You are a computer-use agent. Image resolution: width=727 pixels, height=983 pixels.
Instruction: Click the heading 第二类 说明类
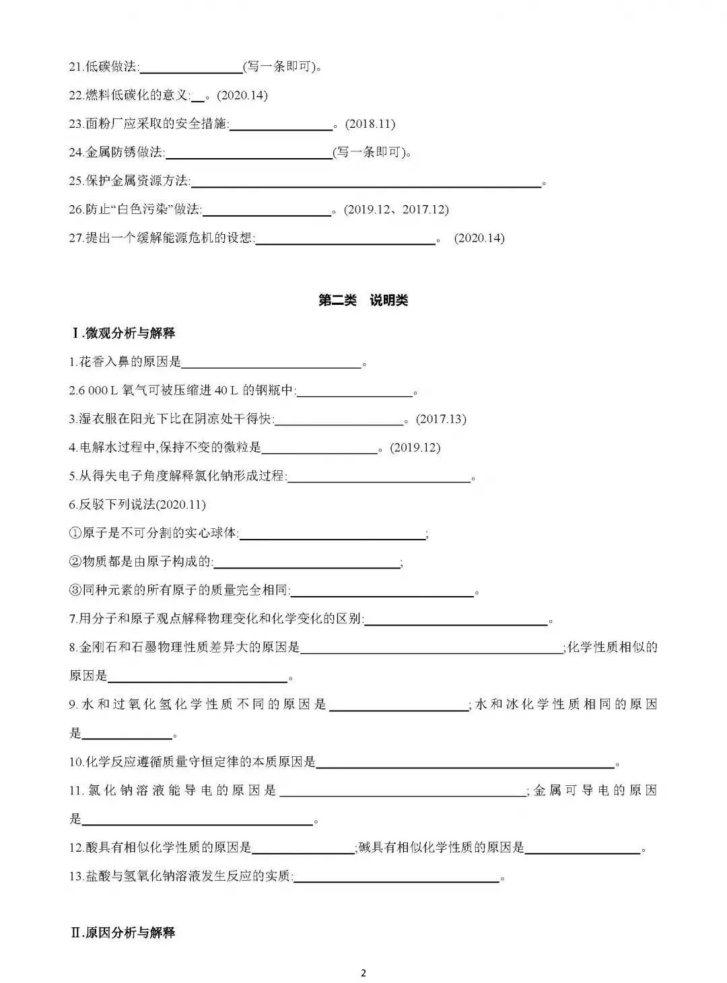363,301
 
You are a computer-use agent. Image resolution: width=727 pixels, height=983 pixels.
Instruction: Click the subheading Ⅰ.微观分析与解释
123,333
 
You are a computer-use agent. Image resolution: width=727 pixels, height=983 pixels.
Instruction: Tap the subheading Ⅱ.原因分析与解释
123,933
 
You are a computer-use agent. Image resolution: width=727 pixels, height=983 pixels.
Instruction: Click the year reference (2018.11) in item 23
370,124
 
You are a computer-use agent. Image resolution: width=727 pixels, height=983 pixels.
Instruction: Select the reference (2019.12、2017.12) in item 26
396,209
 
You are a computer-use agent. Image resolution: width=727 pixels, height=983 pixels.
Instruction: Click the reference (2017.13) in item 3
441,418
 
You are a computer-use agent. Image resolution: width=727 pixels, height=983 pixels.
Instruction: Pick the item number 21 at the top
75,67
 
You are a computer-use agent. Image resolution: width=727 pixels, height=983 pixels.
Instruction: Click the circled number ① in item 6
75,534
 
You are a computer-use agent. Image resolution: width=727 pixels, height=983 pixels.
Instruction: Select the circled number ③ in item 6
75,591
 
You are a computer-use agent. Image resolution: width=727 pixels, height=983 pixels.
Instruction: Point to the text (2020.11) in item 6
181,505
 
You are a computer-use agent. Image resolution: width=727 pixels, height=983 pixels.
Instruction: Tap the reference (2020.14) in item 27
479,238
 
